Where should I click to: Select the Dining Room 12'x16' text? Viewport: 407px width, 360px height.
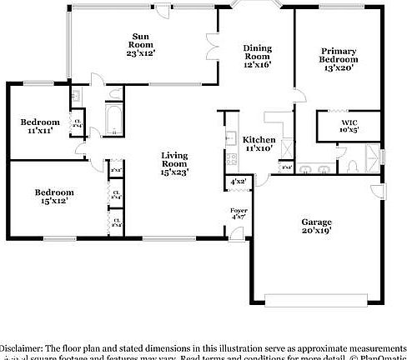coord(257,56)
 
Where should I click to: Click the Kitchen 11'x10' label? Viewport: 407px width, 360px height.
coord(258,142)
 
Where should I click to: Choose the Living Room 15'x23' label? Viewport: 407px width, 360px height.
coord(174,163)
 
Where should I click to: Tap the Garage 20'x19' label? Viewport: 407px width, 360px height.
coord(316,226)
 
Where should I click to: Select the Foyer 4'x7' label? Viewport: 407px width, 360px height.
coord(239,215)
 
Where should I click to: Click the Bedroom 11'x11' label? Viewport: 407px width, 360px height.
coord(40,127)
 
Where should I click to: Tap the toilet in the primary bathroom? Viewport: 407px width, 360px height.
coord(353,164)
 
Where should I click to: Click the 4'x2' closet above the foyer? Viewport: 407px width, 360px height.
coord(238,182)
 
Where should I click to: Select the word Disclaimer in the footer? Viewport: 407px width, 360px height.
coord(22,347)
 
